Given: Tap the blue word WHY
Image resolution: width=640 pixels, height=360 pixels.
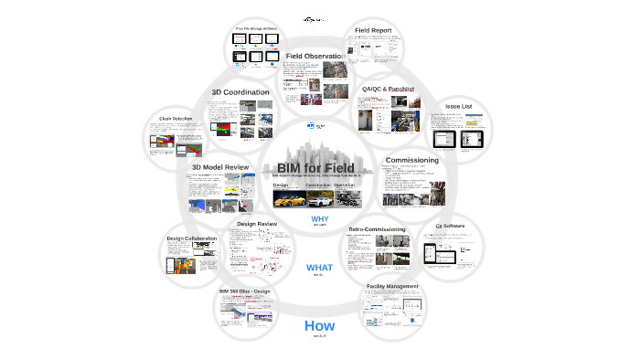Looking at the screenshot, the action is click(319, 219).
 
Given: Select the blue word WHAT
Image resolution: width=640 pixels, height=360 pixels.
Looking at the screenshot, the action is click(319, 268).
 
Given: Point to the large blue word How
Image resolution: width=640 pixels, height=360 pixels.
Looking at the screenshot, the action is click(319, 325).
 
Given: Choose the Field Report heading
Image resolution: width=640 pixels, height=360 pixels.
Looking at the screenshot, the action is click(374, 30).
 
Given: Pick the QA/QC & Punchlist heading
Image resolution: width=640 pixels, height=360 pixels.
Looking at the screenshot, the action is click(388, 89).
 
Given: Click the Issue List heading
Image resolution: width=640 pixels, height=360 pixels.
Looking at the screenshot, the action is click(458, 106).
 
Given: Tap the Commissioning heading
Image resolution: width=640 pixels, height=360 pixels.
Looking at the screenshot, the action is click(412, 160).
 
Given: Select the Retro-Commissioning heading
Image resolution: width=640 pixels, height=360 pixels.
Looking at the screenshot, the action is click(378, 228).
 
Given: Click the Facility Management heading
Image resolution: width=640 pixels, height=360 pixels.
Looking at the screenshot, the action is click(392, 286).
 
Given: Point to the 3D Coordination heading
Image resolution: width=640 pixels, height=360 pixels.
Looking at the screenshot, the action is click(240, 92).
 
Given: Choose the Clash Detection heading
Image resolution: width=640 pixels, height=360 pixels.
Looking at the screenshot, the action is click(176, 119).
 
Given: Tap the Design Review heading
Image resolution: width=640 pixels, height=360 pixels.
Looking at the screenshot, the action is click(257, 224).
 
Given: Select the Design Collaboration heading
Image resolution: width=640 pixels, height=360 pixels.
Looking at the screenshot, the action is click(192, 238).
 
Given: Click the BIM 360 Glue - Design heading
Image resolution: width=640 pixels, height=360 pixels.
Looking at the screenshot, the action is click(245, 291).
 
